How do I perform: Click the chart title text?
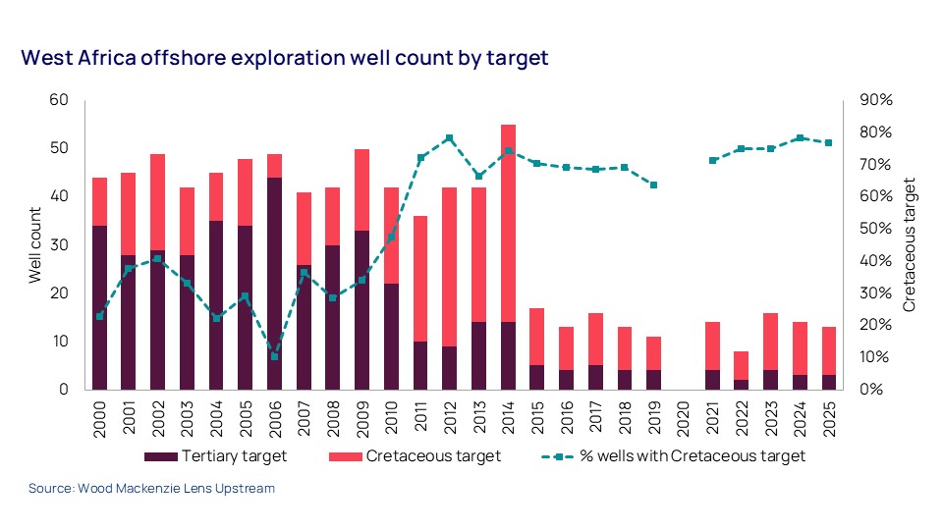tap(285, 58)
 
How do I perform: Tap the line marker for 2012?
tap(449, 138)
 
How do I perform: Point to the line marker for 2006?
tap(275, 356)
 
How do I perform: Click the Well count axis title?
tap(35, 245)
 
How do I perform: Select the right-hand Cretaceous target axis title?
tap(909, 245)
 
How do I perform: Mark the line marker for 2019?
tap(654, 185)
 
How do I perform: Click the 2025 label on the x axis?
tap(830, 418)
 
